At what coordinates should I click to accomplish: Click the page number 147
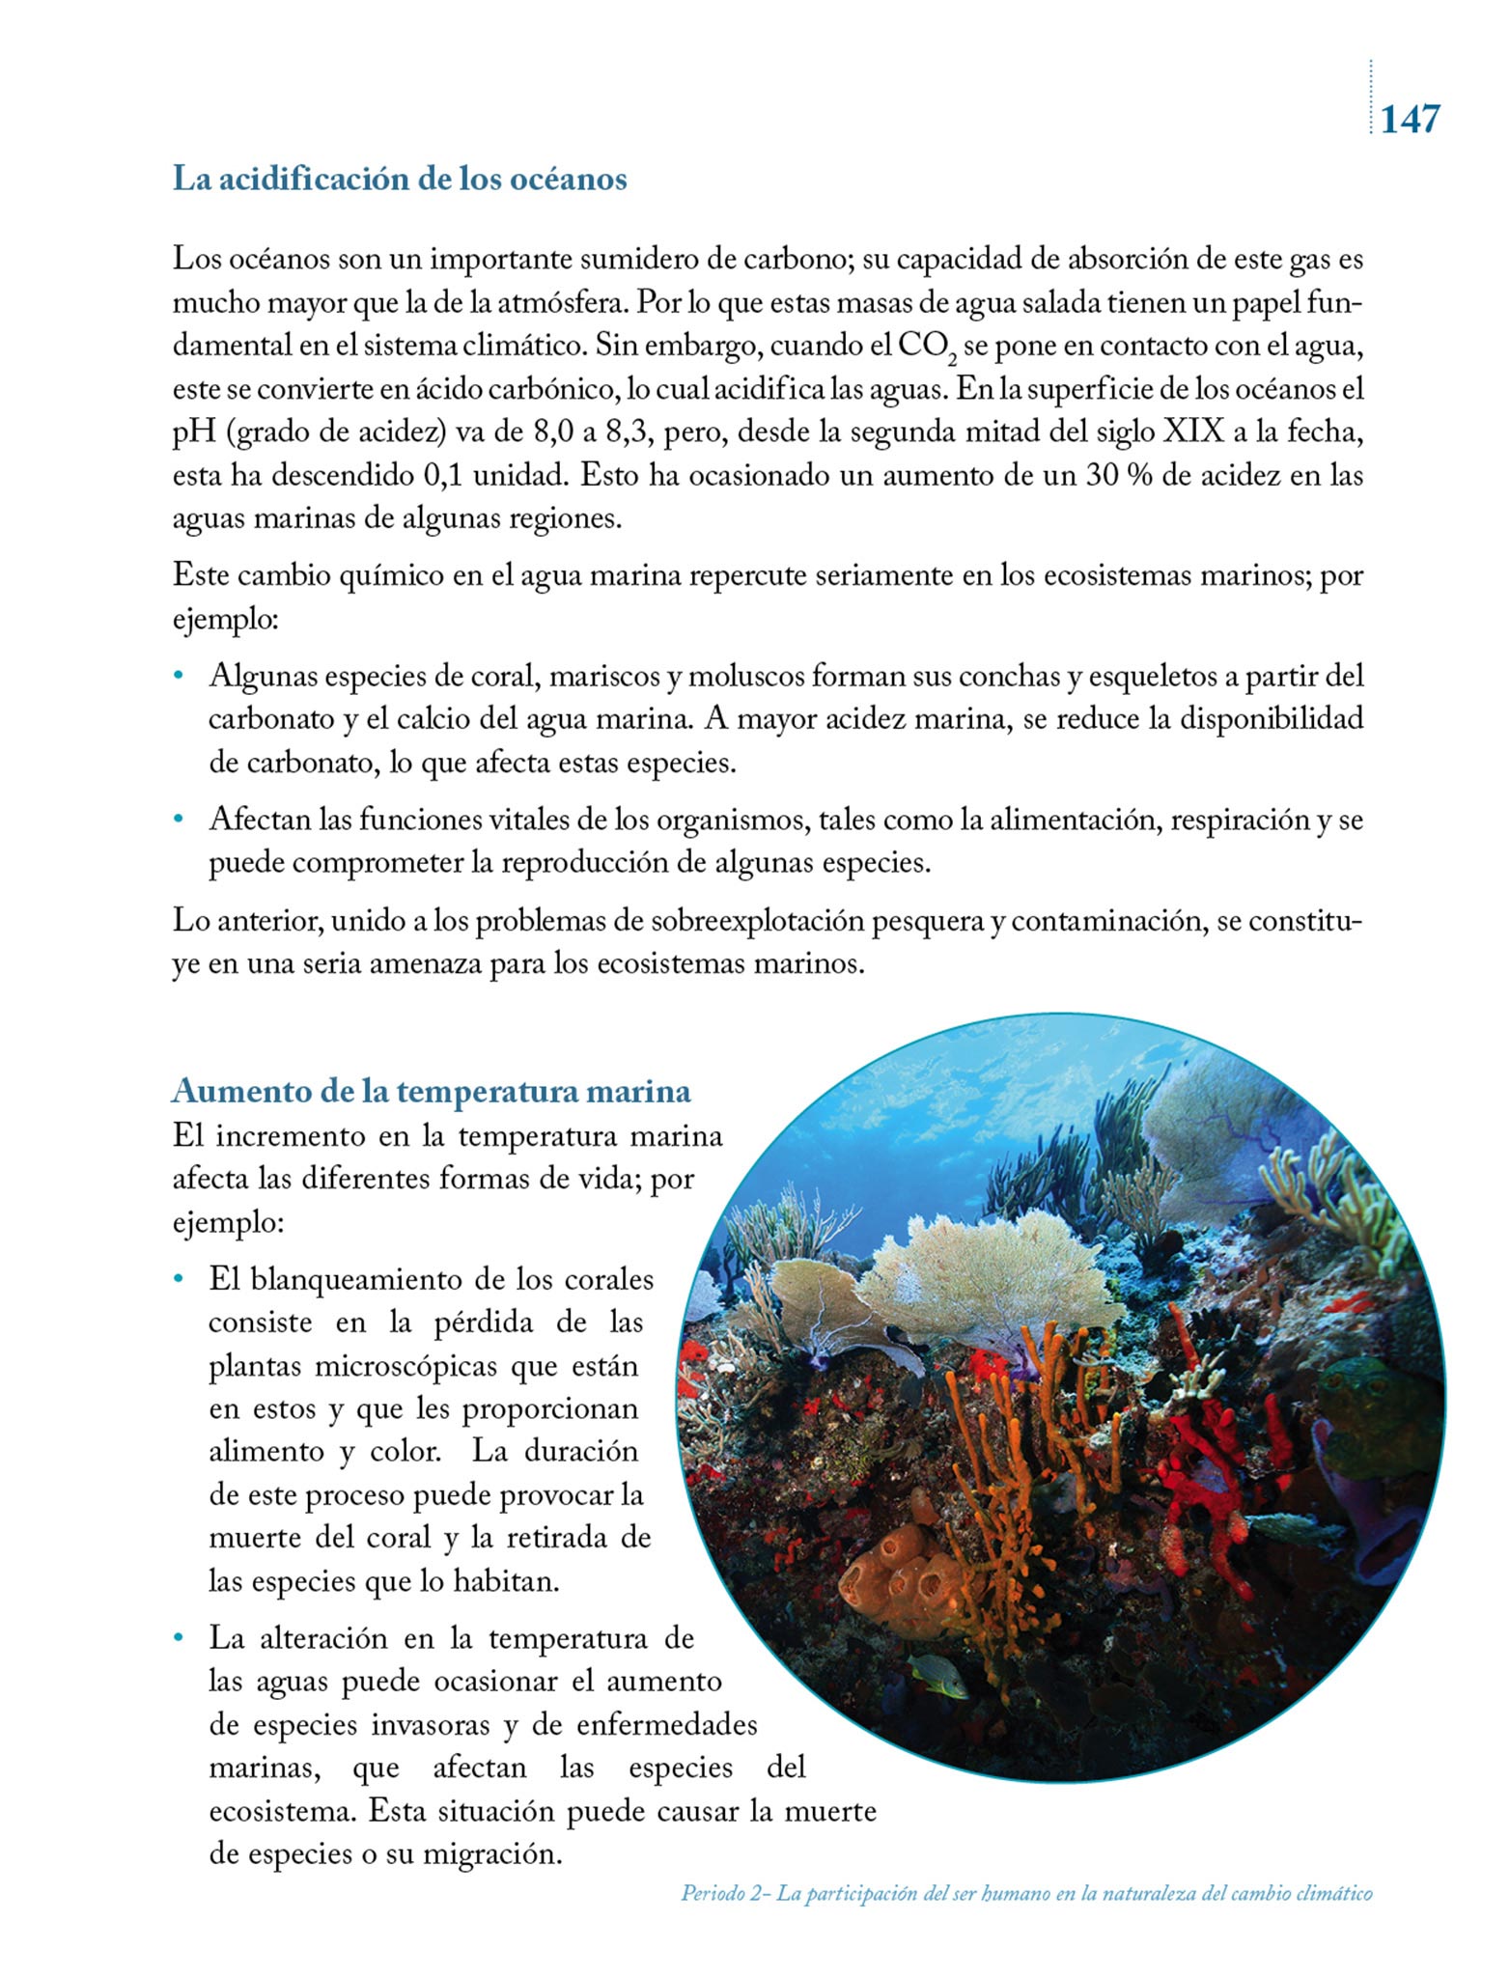click(1410, 119)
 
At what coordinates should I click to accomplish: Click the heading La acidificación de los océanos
click(400, 179)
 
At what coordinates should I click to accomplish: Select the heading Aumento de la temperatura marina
click(432, 1091)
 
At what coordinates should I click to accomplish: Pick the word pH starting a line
click(194, 433)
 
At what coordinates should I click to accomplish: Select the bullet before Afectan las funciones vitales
click(178, 821)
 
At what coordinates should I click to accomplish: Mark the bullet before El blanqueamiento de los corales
click(178, 1280)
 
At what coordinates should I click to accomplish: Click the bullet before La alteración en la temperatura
click(178, 1638)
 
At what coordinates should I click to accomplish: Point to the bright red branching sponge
click(1207, 1477)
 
